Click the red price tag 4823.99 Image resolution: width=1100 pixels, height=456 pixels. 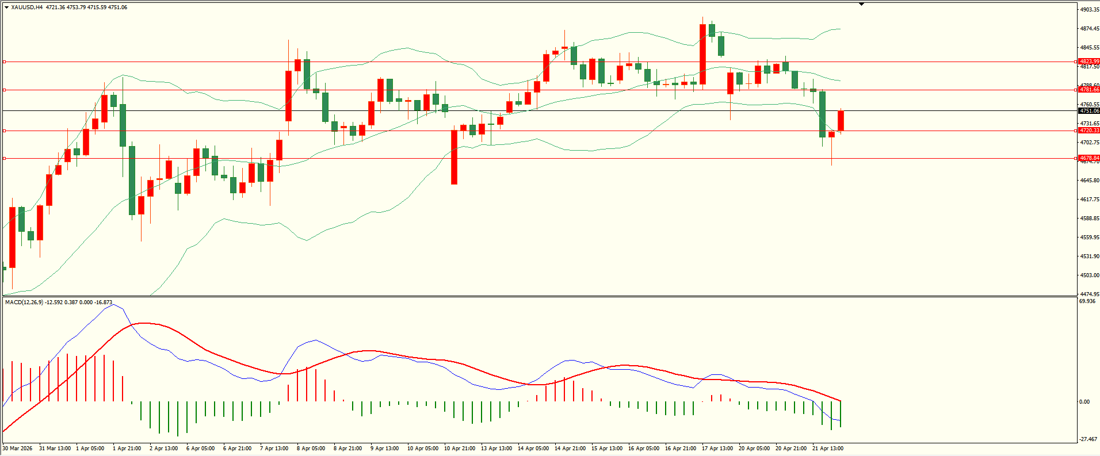pyautogui.click(x=1089, y=62)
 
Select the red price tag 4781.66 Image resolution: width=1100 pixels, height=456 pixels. pyautogui.click(x=1089, y=90)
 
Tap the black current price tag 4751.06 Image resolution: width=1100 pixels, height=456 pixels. pyautogui.click(x=1089, y=110)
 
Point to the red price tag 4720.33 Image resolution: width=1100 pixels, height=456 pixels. pyautogui.click(x=1089, y=131)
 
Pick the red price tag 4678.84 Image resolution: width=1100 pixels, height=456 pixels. pyautogui.click(x=1089, y=158)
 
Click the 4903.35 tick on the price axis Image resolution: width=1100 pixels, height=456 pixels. pyautogui.click(x=1090, y=10)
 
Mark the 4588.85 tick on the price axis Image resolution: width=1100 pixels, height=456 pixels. pyautogui.click(x=1090, y=219)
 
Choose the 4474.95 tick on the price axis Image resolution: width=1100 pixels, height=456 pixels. pyautogui.click(x=1090, y=294)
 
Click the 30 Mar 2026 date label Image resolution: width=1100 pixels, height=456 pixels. pyautogui.click(x=18, y=449)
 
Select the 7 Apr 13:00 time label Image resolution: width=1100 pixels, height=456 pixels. pyautogui.click(x=274, y=449)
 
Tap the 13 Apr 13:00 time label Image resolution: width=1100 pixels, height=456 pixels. pyautogui.click(x=496, y=449)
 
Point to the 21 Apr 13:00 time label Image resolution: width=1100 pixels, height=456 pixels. pyautogui.click(x=827, y=449)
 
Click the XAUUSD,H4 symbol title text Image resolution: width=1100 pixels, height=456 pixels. pyautogui.click(x=27, y=7)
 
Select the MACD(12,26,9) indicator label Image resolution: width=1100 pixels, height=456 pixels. pyautogui.click(x=24, y=302)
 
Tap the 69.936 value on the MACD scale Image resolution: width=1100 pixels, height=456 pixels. pyautogui.click(x=1087, y=301)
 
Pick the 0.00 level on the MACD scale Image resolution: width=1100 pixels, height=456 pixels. pyautogui.click(x=1084, y=402)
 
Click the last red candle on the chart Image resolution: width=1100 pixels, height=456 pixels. pyautogui.click(x=841, y=121)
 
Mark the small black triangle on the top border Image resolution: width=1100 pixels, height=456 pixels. pyautogui.click(x=861, y=4)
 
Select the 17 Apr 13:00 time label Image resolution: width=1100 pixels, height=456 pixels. pyautogui.click(x=717, y=449)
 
